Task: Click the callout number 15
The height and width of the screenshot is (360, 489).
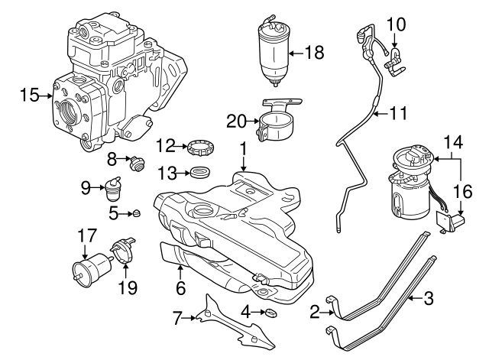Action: pyautogui.click(x=29, y=96)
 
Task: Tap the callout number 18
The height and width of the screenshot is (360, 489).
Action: pyautogui.click(x=314, y=53)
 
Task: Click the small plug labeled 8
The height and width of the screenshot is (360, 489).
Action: pyautogui.click(x=138, y=161)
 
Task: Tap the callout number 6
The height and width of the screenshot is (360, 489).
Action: pyautogui.click(x=180, y=289)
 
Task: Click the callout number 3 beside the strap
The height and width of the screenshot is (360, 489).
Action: pyautogui.click(x=429, y=297)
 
